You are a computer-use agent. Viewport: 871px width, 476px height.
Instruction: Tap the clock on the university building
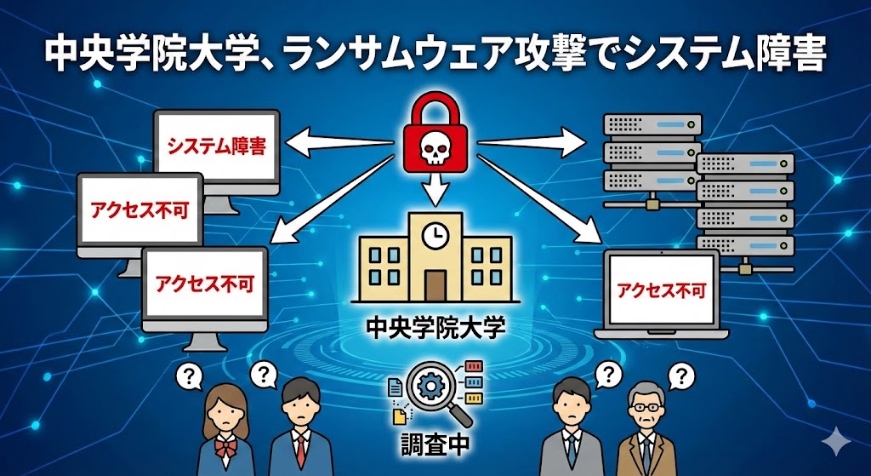tap(435, 232)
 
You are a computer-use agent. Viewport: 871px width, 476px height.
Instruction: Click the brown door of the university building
tap(435, 284)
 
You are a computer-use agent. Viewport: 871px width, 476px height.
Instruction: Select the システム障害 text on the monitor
tap(217, 146)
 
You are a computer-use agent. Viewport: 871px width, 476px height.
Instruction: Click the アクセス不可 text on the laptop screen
tap(661, 289)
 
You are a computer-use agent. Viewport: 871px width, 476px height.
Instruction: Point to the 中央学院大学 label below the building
tap(435, 327)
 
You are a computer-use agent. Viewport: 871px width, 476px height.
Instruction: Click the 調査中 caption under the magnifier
tap(435, 443)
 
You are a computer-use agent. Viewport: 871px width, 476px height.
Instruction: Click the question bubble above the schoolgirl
tap(188, 375)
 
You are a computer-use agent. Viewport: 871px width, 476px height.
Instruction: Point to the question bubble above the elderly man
tap(680, 375)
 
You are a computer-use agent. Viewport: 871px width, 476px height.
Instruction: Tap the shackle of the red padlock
tap(435, 108)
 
